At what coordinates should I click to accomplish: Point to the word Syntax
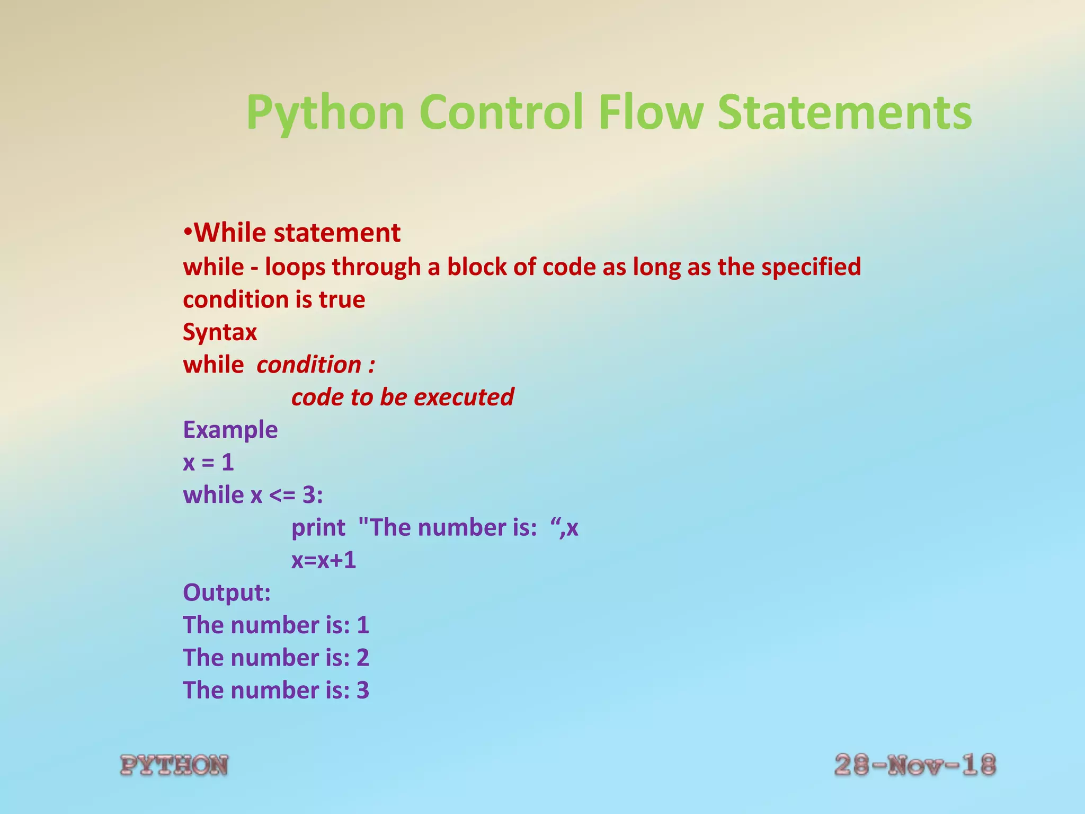tap(220, 333)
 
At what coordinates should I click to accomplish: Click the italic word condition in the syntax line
tap(309, 365)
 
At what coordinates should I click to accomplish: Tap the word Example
tap(230, 430)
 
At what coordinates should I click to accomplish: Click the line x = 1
tap(208, 463)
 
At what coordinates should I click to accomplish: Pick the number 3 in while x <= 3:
tap(309, 495)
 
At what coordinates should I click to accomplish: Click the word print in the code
tap(318, 528)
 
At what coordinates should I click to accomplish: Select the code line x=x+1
tap(324, 560)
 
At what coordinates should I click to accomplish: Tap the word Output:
tap(227, 592)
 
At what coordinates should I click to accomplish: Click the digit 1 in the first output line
tap(363, 625)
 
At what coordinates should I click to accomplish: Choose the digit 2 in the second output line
tap(363, 658)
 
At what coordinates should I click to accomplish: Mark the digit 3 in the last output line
tap(363, 691)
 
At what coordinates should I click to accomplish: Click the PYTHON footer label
tap(174, 766)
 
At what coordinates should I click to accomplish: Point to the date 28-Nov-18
tap(915, 766)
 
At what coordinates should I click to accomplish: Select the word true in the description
tap(342, 300)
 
